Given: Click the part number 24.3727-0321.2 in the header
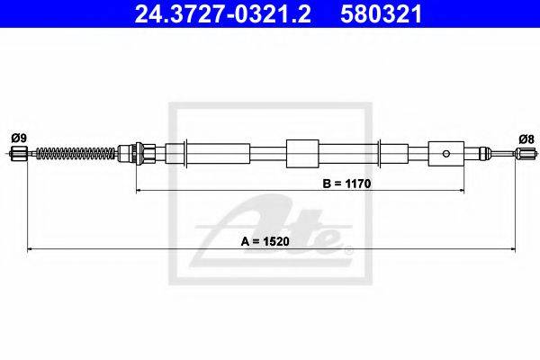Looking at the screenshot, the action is click(x=222, y=14).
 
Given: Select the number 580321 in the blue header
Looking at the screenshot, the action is click(x=382, y=14).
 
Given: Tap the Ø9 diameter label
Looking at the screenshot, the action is click(x=19, y=139).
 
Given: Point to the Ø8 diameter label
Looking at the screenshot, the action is click(x=526, y=139).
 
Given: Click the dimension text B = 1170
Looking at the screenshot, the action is click(x=346, y=184).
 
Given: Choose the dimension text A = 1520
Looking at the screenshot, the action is click(x=265, y=241).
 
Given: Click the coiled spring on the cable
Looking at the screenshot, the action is click(x=76, y=153).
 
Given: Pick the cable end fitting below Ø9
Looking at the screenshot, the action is click(x=19, y=153).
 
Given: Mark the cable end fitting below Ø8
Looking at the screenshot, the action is click(x=526, y=153).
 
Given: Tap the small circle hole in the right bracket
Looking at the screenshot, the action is click(x=446, y=154).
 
